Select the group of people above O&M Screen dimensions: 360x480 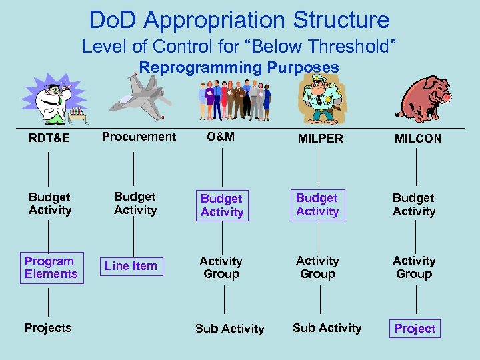point(235,100)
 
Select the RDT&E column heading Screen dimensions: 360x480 point(49,138)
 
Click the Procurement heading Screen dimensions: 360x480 point(139,137)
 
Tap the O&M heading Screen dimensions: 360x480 point(220,137)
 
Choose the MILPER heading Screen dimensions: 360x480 point(321,138)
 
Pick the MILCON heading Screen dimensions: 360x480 point(417,138)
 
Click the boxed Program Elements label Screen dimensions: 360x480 point(51,267)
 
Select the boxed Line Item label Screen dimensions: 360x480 point(131,266)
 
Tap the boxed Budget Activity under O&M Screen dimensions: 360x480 point(222,205)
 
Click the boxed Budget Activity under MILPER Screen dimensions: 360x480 point(317,205)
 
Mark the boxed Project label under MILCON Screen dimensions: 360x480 point(415,329)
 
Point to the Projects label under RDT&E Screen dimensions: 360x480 point(47,328)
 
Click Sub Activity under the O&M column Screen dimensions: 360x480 point(229,329)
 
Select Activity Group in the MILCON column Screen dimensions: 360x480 point(414,267)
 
